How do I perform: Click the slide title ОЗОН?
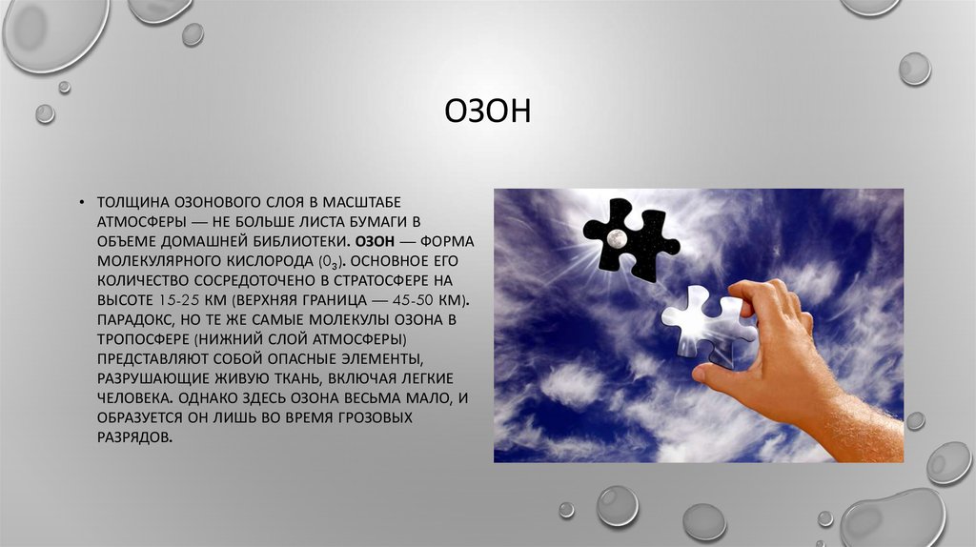[x=487, y=112]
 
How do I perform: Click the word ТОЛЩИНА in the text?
[x=132, y=202]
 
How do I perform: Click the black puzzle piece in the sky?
[x=628, y=234]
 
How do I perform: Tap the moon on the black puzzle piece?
[x=618, y=235]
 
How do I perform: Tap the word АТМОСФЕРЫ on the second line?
[x=138, y=221]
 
